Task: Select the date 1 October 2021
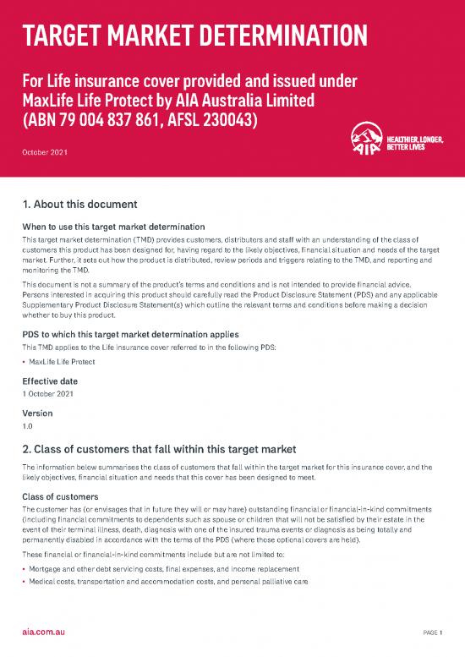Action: pos(47,395)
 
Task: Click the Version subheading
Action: pos(37,413)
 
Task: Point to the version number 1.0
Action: pos(27,427)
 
